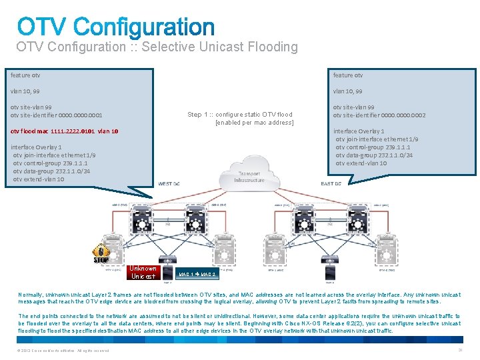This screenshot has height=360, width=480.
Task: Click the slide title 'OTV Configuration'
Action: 116,27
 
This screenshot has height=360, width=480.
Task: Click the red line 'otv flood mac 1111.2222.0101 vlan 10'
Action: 65,131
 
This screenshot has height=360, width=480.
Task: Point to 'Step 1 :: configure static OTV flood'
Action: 239,115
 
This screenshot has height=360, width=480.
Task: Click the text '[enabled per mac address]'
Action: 254,123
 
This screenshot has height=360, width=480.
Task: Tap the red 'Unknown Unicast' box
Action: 143,272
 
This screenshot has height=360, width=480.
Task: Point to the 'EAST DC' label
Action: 331,183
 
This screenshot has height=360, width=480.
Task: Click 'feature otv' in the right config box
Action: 348,75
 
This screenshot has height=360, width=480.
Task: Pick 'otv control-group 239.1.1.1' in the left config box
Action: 51,163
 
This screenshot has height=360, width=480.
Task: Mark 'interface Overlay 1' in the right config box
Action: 359,131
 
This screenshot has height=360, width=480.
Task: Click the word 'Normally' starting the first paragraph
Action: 30,293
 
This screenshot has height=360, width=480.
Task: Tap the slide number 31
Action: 460,350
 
